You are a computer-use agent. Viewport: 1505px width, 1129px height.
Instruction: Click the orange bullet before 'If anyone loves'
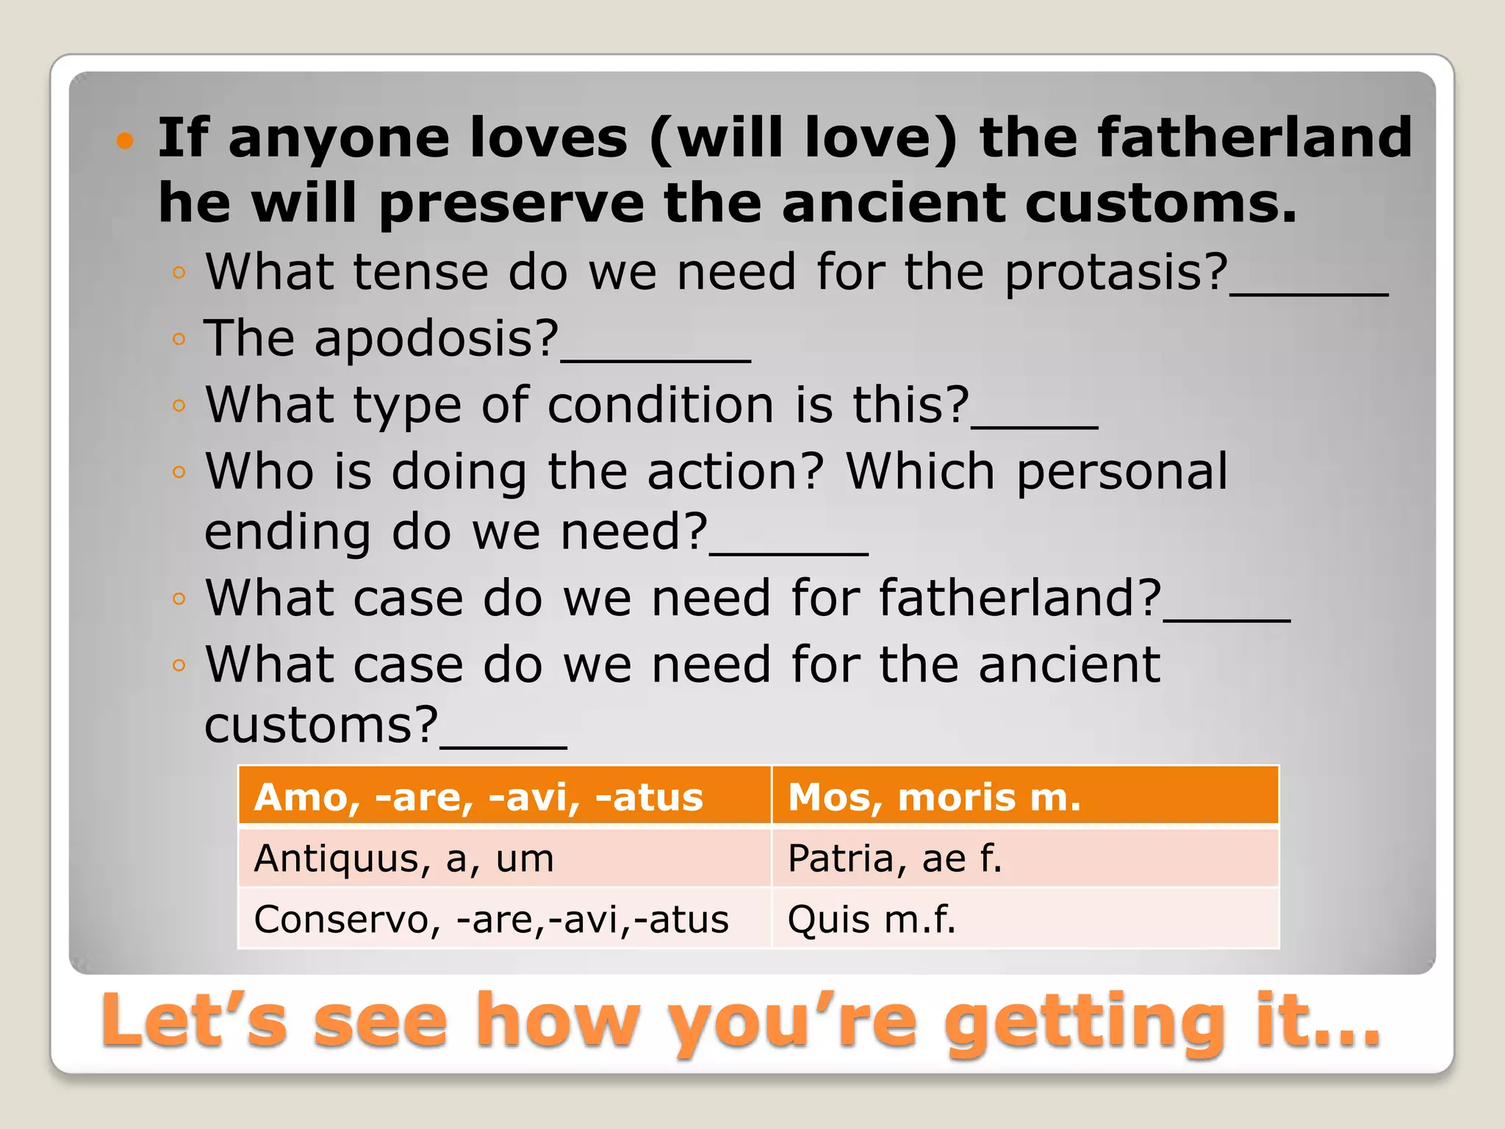coord(126,140)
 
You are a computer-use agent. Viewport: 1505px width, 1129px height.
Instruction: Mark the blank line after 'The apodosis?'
coord(655,359)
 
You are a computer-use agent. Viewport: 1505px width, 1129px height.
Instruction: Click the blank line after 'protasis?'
coord(1309,293)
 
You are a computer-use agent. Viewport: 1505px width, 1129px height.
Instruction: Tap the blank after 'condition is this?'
coord(1035,425)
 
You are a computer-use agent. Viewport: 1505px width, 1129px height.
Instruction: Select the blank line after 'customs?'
coord(503,745)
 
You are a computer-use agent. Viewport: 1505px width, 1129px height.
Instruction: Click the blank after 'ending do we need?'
coord(789,552)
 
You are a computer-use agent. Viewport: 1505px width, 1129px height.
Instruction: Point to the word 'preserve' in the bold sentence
coord(511,204)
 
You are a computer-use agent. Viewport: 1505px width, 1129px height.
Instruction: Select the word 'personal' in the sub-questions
coord(1122,471)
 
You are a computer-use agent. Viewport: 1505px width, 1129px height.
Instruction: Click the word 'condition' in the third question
coord(661,405)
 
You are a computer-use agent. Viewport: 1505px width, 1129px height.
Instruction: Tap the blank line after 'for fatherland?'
coord(1226,618)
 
